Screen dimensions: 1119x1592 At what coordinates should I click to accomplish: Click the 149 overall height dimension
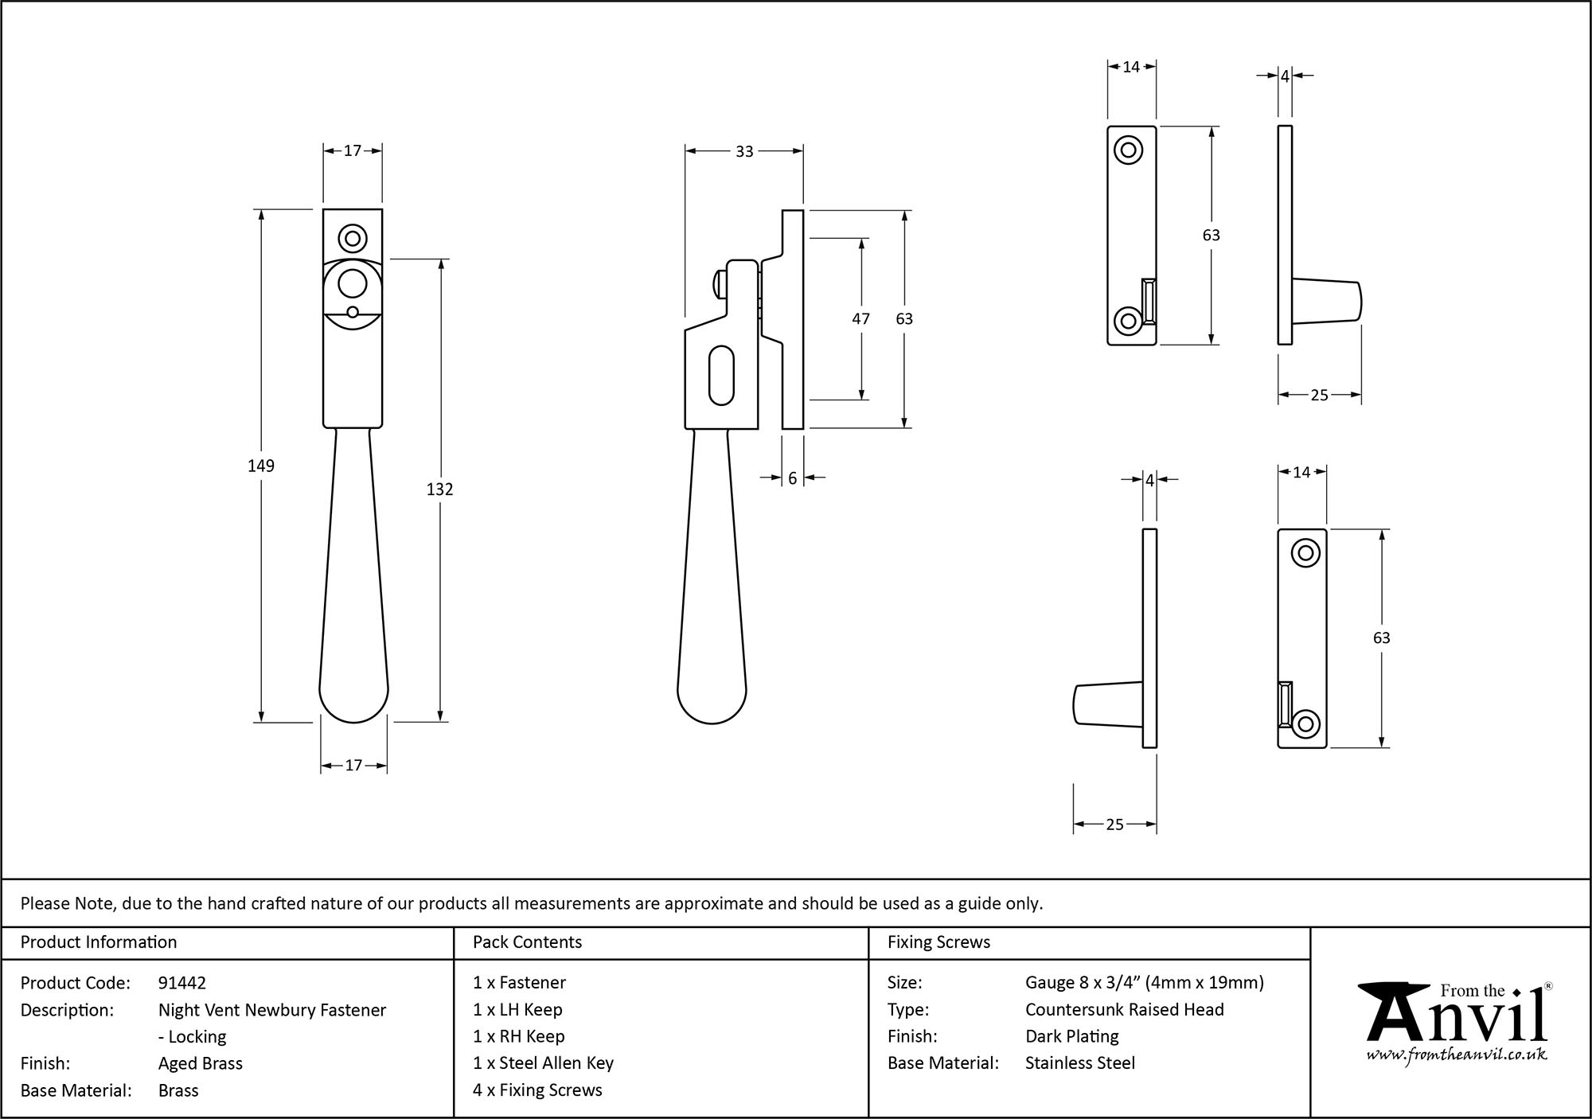tap(261, 466)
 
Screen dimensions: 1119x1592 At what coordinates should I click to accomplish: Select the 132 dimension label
tap(439, 489)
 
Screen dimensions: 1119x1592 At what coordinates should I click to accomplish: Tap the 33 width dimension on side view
tap(744, 151)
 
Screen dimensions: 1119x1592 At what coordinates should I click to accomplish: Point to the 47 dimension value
tap(860, 318)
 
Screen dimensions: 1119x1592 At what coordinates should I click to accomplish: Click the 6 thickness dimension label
tap(793, 478)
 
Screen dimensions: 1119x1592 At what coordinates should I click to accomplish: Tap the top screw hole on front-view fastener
tap(352, 238)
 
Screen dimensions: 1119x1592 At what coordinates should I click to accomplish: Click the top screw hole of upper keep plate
tap(1128, 150)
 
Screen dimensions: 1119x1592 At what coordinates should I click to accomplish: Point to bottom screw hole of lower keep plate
tap(1305, 723)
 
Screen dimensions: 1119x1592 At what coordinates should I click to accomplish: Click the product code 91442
tap(182, 983)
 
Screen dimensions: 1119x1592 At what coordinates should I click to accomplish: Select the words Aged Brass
tap(201, 1063)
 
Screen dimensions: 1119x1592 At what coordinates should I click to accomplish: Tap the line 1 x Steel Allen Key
tap(544, 1063)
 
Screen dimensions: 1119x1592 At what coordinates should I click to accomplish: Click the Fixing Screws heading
tap(939, 942)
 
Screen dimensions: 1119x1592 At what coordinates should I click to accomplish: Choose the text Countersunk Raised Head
tap(1124, 1009)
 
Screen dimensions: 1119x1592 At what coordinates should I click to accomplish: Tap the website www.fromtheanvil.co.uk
tap(1457, 1055)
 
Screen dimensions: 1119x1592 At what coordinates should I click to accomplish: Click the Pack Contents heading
tap(527, 942)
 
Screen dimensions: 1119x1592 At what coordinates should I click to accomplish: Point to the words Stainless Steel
tap(1080, 1063)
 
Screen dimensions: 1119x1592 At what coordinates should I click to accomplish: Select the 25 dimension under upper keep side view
tap(1319, 395)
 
